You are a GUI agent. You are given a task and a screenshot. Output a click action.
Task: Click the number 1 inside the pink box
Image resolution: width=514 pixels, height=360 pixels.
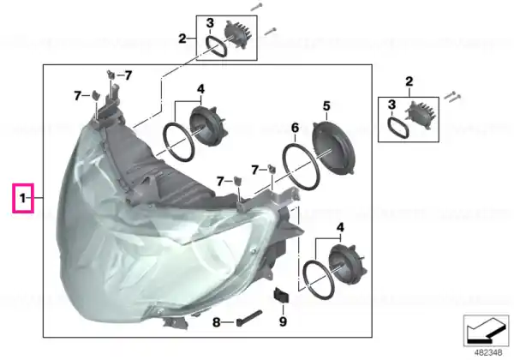[x=22, y=198]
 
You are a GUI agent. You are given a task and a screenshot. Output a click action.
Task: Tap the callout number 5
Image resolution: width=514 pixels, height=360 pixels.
[x=326, y=106]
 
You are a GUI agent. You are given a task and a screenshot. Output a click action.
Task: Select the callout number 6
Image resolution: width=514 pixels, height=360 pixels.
[x=295, y=128]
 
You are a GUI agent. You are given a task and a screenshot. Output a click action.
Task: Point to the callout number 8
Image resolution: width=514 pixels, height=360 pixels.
[x=217, y=322]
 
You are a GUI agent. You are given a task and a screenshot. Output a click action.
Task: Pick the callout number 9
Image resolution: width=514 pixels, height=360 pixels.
[x=283, y=321]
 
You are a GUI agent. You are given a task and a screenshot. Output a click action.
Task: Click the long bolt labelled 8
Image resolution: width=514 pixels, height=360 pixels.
[x=249, y=318]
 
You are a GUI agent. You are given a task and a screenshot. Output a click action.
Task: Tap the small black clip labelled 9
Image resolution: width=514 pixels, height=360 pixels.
[x=281, y=295]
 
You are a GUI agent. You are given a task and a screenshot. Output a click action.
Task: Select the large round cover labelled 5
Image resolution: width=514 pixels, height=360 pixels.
[x=334, y=147]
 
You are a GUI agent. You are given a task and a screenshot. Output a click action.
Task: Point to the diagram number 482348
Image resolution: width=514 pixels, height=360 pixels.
[x=488, y=353]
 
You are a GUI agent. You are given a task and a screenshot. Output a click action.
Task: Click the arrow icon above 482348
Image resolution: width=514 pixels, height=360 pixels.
[x=487, y=331]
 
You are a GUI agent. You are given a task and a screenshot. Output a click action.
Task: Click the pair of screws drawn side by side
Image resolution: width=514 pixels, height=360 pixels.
[x=453, y=96]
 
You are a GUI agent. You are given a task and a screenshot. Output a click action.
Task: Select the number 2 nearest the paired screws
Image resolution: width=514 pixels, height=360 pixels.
[x=409, y=81]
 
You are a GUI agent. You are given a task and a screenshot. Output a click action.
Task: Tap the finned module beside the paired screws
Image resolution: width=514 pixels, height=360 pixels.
[x=421, y=115]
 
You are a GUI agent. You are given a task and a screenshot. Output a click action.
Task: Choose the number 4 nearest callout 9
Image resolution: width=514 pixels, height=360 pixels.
[x=341, y=227]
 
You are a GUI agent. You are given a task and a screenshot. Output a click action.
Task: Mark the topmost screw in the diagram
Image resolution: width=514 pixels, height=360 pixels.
[x=256, y=7]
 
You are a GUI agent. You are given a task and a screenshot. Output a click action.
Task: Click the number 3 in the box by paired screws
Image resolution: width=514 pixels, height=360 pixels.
[x=391, y=105]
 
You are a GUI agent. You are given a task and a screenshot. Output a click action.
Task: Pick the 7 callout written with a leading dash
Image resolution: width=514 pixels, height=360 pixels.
[x=124, y=75]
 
